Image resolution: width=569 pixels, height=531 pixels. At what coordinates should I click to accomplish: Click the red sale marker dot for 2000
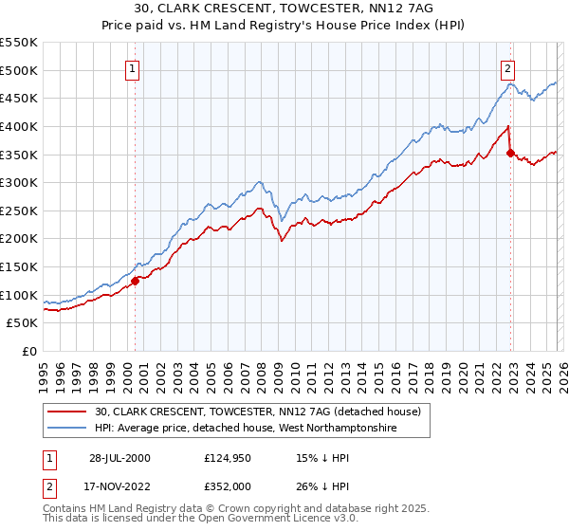tap(136, 281)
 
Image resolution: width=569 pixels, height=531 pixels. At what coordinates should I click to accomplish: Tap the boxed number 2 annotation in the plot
tap(508, 68)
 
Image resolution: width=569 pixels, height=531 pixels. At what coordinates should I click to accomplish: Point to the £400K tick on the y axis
tap(20, 126)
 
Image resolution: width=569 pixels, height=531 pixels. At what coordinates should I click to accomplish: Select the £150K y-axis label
tap(20, 267)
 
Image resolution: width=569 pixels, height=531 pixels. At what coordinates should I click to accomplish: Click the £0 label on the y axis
tap(30, 352)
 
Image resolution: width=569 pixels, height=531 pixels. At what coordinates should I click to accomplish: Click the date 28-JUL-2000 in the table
tap(119, 458)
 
